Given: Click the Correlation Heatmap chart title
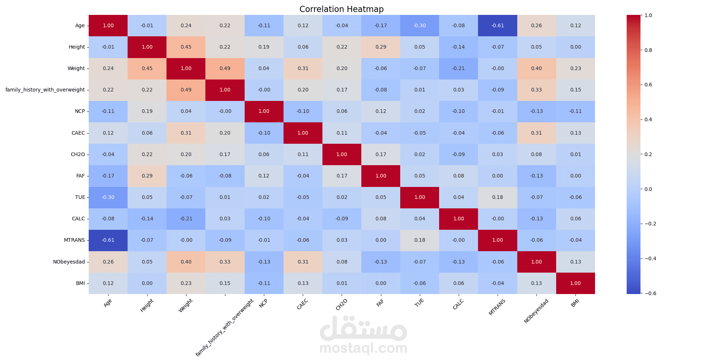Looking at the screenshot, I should pyautogui.click(x=341, y=9).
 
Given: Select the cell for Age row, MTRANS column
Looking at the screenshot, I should pyautogui.click(x=497, y=25).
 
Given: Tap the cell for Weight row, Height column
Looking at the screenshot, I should pyautogui.click(x=147, y=68).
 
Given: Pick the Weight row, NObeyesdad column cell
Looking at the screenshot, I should pyautogui.click(x=536, y=68).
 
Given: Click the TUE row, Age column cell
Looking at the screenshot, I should pyautogui.click(x=108, y=197).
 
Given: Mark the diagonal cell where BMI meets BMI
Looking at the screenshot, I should pyautogui.click(x=575, y=283).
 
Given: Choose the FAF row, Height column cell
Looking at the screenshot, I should pyautogui.click(x=147, y=176).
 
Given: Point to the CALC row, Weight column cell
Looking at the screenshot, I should pyautogui.click(x=186, y=219).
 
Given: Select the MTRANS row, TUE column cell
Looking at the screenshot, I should pyautogui.click(x=419, y=240).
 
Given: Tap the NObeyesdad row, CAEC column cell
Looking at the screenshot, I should pyautogui.click(x=303, y=262).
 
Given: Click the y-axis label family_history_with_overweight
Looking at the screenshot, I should pyautogui.click(x=45, y=90).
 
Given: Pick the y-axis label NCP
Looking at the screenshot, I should pyautogui.click(x=80, y=111).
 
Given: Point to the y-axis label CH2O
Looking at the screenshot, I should pyautogui.click(x=78, y=154).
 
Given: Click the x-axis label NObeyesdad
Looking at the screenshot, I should pyautogui.click(x=536, y=311).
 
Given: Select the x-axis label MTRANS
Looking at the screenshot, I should pyautogui.click(x=497, y=307).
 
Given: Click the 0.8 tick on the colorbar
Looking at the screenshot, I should pyautogui.click(x=648, y=50).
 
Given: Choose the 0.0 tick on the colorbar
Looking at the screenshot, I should pyautogui.click(x=648, y=189).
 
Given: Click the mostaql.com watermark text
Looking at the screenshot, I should pyautogui.click(x=363, y=348).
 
